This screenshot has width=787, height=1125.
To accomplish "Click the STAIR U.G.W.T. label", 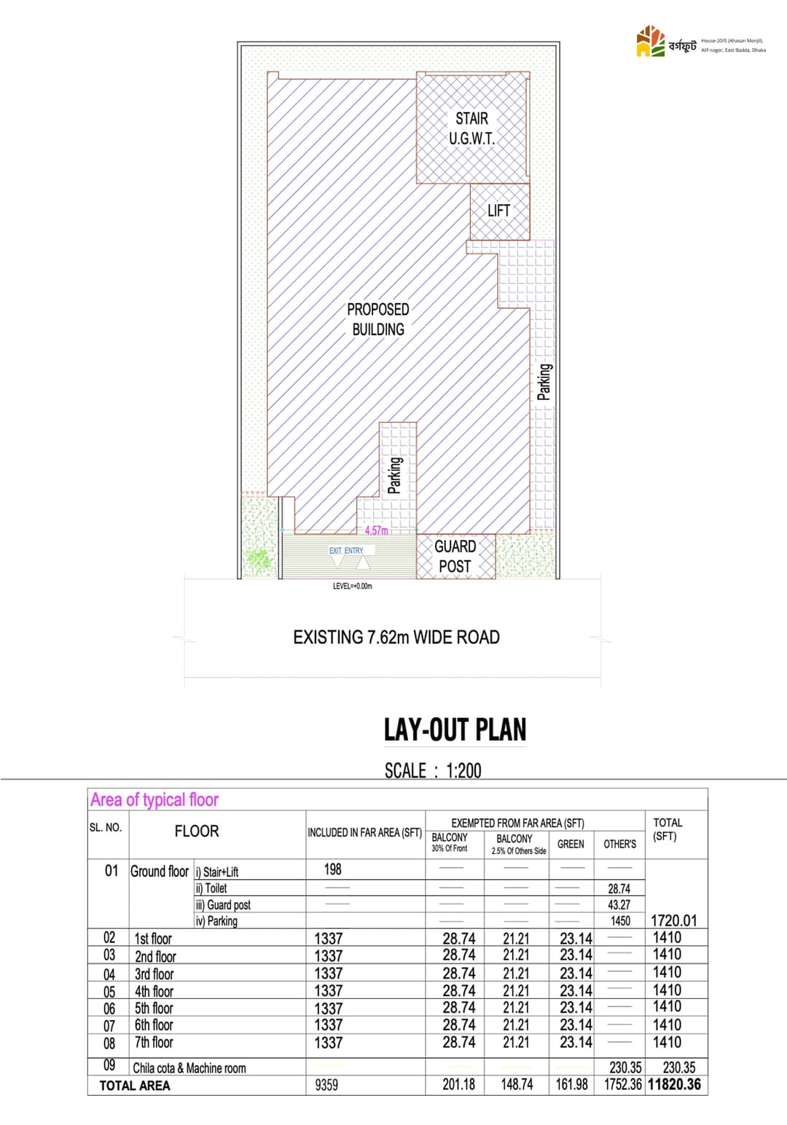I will pyautogui.click(x=472, y=128).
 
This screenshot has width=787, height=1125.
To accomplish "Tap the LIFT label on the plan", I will pyautogui.click(x=498, y=211).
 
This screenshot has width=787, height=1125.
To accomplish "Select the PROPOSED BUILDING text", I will pyautogui.click(x=378, y=319).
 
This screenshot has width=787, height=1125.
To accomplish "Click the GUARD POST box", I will pyautogui.click(x=455, y=556).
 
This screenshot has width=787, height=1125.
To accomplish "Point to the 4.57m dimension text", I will pyautogui.click(x=376, y=530).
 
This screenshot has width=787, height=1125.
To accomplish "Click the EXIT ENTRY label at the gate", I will pyautogui.click(x=346, y=551).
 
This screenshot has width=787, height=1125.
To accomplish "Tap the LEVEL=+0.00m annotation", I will pyautogui.click(x=352, y=586).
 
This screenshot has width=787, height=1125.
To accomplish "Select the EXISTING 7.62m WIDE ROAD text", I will pyautogui.click(x=396, y=638).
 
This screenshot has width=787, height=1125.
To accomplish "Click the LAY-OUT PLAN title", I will pyautogui.click(x=455, y=729).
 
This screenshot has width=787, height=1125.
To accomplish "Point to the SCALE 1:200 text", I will pyautogui.click(x=433, y=770).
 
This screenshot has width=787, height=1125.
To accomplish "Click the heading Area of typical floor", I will pyautogui.click(x=154, y=800).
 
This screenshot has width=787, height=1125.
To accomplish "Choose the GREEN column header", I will pyautogui.click(x=571, y=844).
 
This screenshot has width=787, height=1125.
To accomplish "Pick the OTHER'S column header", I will pyautogui.click(x=619, y=844).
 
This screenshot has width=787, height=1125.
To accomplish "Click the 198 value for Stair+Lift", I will pyautogui.click(x=332, y=869).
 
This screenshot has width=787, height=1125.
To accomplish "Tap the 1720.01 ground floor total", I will pyautogui.click(x=673, y=920).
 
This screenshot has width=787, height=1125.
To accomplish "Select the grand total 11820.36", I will pyautogui.click(x=674, y=1084).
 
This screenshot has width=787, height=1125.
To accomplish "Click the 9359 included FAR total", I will pyautogui.click(x=326, y=1085).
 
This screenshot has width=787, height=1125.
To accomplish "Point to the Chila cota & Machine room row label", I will pyautogui.click(x=189, y=1068).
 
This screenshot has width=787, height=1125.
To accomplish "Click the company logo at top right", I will pyautogui.click(x=651, y=42).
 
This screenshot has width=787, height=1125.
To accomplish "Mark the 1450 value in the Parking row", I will pyautogui.click(x=620, y=921).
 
